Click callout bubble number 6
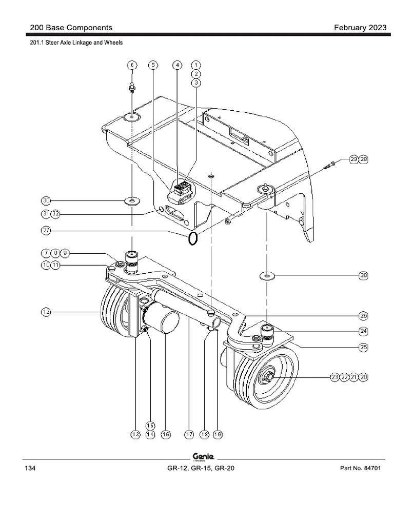pyautogui.click(x=132, y=65)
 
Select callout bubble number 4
pyautogui.click(x=177, y=65)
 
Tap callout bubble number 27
pyautogui.click(x=46, y=231)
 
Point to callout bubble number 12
pyautogui.click(x=46, y=312)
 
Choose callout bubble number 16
pyautogui.click(x=166, y=434)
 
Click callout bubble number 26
pyautogui.click(x=363, y=316)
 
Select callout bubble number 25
pyautogui.click(x=363, y=347)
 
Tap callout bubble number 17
pyautogui.click(x=189, y=434)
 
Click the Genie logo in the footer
pyautogui.click(x=203, y=457)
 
